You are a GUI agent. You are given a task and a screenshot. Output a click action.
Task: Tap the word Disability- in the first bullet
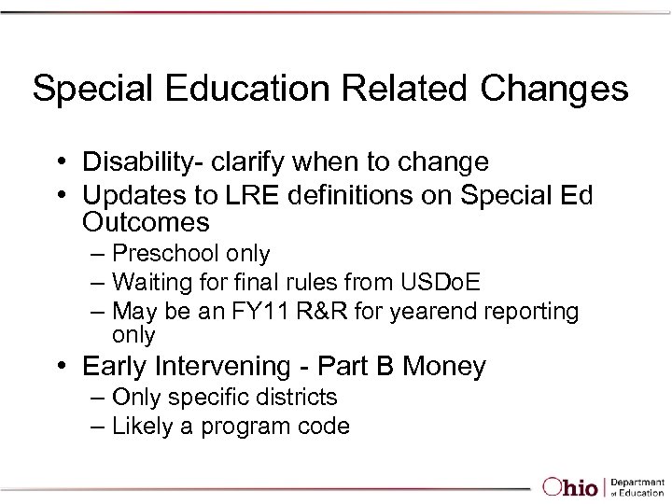pos(148,162)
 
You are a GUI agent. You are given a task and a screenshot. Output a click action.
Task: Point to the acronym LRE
pos(254,195)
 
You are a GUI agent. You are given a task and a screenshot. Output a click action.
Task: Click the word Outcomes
pos(146,223)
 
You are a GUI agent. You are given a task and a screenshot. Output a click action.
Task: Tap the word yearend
pos(421,310)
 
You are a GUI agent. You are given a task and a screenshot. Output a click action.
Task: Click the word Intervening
pos(232,367)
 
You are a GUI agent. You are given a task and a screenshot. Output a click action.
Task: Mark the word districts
pos(299,398)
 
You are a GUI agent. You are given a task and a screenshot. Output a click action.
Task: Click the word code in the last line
pos(327,427)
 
